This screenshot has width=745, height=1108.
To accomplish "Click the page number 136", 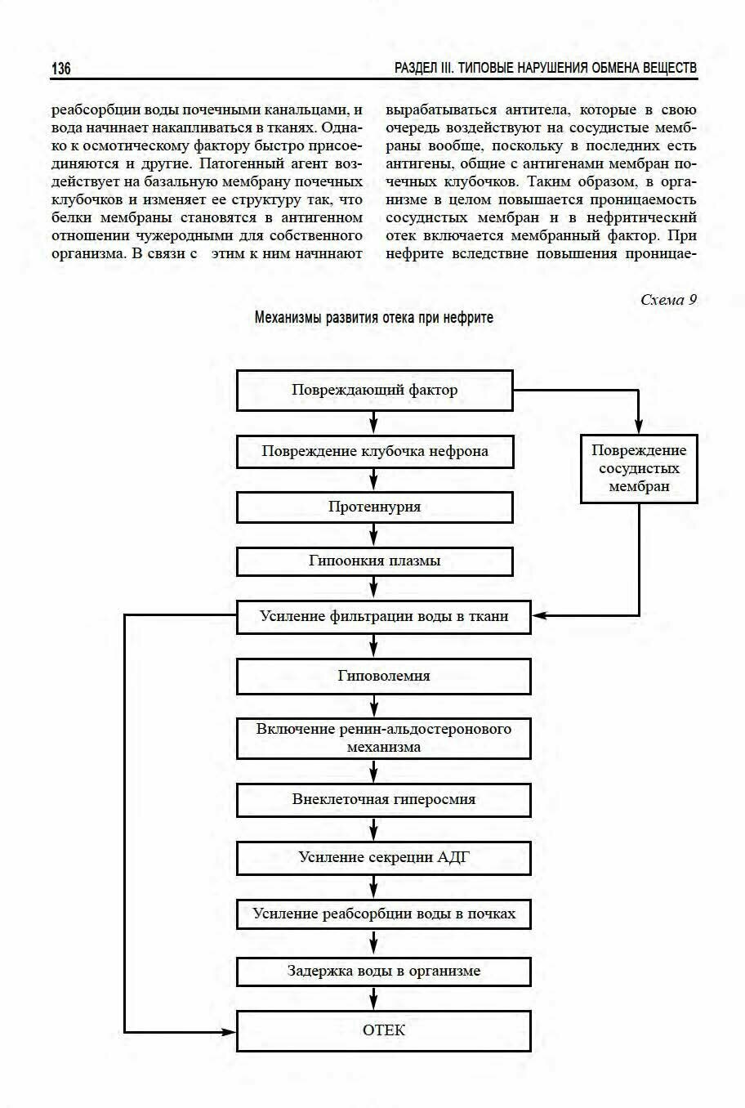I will [61, 69].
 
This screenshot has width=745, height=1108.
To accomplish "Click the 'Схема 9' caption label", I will [668, 300].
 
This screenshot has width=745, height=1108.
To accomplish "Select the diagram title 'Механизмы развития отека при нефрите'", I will [373, 317].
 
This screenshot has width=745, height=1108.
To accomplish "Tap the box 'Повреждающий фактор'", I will [374, 390].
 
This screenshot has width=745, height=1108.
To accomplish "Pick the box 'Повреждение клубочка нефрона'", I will [374, 451].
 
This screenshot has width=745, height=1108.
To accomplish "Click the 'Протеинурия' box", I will [374, 507].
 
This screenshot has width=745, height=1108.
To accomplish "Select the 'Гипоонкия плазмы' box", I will [374, 561].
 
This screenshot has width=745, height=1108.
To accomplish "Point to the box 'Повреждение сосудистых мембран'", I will [639, 468].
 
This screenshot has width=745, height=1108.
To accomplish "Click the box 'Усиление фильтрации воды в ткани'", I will [383, 616].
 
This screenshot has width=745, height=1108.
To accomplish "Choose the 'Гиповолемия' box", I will [383, 676].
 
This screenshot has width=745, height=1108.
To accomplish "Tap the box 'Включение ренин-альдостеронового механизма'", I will [383, 737].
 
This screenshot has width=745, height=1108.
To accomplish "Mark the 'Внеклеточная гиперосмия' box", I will [383, 799].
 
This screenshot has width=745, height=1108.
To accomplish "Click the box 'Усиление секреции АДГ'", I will [383, 857].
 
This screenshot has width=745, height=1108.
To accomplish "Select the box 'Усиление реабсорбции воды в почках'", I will [383, 914].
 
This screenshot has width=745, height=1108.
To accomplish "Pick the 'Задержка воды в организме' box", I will [383, 972].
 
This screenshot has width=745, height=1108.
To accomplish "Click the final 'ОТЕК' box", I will [383, 1030].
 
